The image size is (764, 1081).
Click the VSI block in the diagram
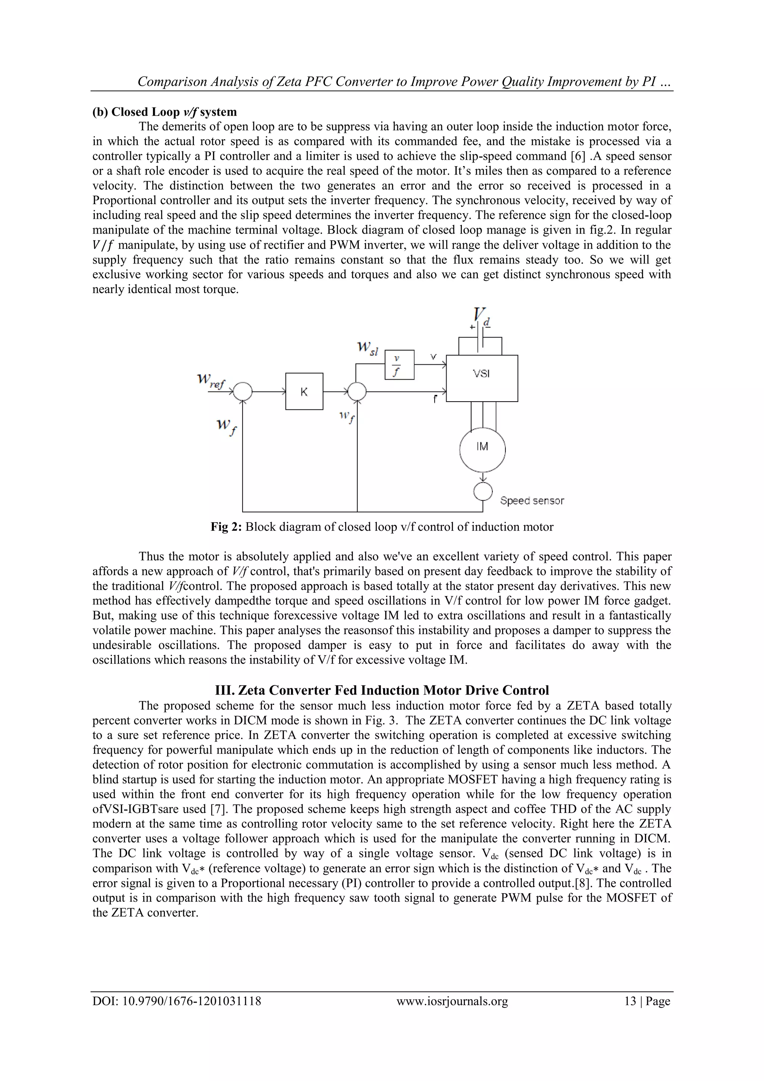click(x=481, y=378)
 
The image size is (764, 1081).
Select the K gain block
click(x=304, y=391)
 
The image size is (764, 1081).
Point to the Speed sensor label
click(x=532, y=501)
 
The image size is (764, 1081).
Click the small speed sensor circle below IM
click(x=483, y=492)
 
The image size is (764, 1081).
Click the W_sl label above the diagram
click(x=367, y=349)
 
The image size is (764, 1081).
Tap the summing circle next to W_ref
click(x=243, y=391)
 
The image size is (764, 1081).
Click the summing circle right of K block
click(x=357, y=391)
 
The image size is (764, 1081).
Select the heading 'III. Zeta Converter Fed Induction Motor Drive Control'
click(x=382, y=690)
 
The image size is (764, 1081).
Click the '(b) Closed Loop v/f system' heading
click(x=165, y=112)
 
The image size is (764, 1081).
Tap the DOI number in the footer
click(x=177, y=1014)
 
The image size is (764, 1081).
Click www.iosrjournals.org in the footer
click(x=452, y=1014)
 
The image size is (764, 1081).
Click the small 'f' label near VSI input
click(x=435, y=399)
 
